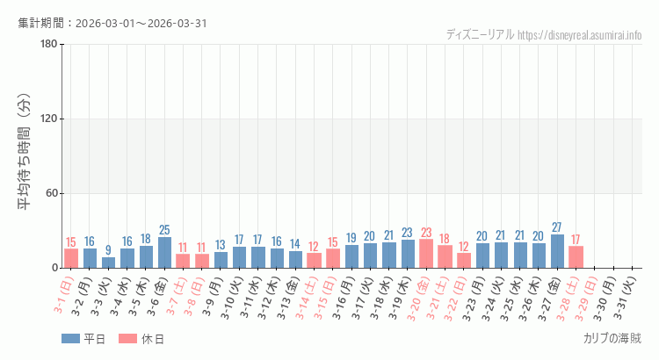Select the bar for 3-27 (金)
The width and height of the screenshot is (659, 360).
pos(558,251)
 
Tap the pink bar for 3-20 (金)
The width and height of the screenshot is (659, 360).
pos(426,254)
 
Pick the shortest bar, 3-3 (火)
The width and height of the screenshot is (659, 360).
pos(109,263)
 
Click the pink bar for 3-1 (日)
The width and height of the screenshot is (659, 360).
pos(71,258)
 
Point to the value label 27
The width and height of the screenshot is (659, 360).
pos(557,227)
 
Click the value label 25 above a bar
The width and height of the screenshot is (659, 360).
pos(165,230)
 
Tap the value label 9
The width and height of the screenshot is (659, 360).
pos(109,250)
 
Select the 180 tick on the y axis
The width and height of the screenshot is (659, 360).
pos(47,45)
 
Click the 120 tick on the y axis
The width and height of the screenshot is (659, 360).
pos(47,119)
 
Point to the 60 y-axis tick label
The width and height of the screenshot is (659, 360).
pos(50,193)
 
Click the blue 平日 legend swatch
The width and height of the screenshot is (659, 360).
pos(70,339)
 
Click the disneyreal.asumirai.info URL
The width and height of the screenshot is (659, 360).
pos(579,35)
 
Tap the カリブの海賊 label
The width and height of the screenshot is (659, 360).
pos(612,338)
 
